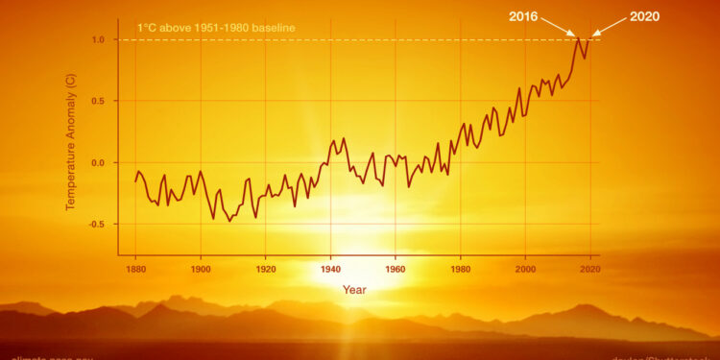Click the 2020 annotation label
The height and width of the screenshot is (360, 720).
pyautogui.click(x=644, y=16)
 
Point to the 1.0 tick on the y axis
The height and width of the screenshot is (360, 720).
pyautogui.click(x=100, y=39)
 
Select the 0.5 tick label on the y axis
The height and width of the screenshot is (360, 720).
pyautogui.click(x=100, y=101)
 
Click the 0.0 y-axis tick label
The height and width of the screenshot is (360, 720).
pyautogui.click(x=100, y=162)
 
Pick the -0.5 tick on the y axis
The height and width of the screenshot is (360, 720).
pyautogui.click(x=98, y=224)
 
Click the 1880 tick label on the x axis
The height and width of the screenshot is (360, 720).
pyautogui.click(x=135, y=268)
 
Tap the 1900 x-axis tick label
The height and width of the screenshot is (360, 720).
pyautogui.click(x=201, y=268)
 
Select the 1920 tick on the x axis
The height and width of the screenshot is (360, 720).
pyautogui.click(x=265, y=268)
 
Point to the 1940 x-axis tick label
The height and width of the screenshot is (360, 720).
pyautogui.click(x=330, y=268)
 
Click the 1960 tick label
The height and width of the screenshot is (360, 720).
pyautogui.click(x=396, y=268)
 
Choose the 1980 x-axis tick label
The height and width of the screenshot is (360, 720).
pyautogui.click(x=460, y=268)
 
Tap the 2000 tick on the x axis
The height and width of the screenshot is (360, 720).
pyautogui.click(x=525, y=268)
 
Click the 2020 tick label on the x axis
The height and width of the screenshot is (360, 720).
pyautogui.click(x=589, y=268)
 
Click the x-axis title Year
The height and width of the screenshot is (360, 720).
pyautogui.click(x=354, y=288)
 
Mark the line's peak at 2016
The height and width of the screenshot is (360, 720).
pyautogui.click(x=578, y=38)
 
